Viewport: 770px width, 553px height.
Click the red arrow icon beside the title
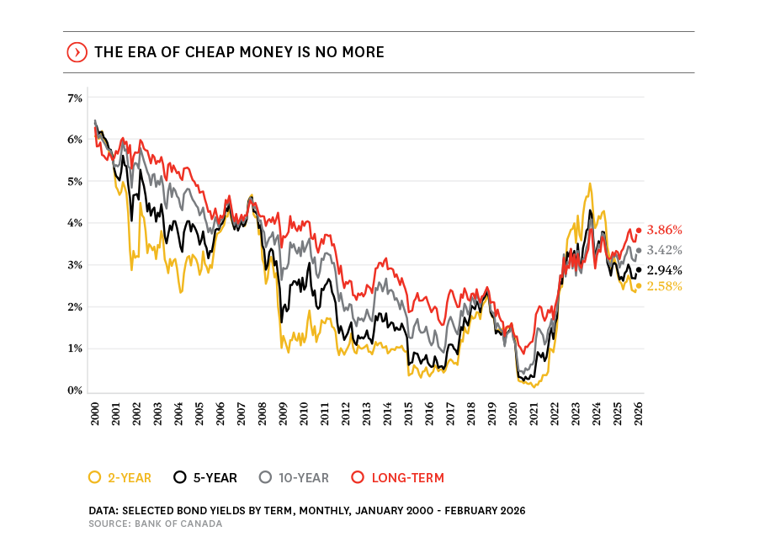point(76,52)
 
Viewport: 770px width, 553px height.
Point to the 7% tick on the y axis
point(75,98)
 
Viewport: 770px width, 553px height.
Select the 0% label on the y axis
point(75,391)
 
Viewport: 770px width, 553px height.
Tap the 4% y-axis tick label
point(75,223)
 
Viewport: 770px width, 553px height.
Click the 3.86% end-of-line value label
point(664,230)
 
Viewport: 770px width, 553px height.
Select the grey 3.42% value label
point(664,250)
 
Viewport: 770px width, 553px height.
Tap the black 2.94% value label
point(664,270)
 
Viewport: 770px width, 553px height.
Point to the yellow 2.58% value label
point(664,286)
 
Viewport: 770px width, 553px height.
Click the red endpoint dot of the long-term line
point(639,230)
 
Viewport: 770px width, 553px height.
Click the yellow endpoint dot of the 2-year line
point(639,286)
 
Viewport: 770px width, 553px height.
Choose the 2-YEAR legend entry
point(120,478)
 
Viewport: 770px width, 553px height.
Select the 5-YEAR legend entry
point(206,478)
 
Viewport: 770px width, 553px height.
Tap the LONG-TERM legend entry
point(397,478)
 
